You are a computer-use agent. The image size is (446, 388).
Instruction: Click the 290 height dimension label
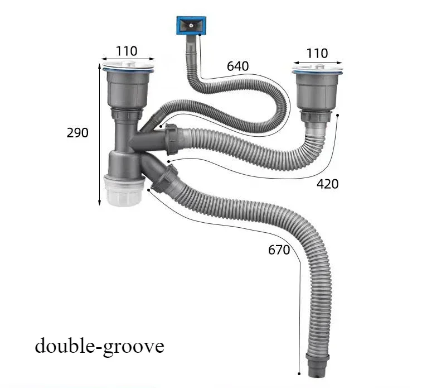pyautogui.click(x=77, y=133)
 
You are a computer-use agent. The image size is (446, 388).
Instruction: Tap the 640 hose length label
pyautogui.click(x=238, y=66)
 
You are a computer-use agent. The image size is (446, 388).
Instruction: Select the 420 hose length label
pyautogui.click(x=328, y=184)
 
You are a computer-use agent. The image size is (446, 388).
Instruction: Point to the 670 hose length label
pyautogui.click(x=279, y=250)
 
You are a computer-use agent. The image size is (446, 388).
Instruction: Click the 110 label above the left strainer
pyautogui.click(x=127, y=51)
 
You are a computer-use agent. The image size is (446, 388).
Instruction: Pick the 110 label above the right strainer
pyautogui.click(x=317, y=53)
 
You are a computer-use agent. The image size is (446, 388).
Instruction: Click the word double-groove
pyautogui.click(x=100, y=346)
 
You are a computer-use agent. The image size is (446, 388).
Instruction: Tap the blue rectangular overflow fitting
pyautogui.click(x=191, y=26)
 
